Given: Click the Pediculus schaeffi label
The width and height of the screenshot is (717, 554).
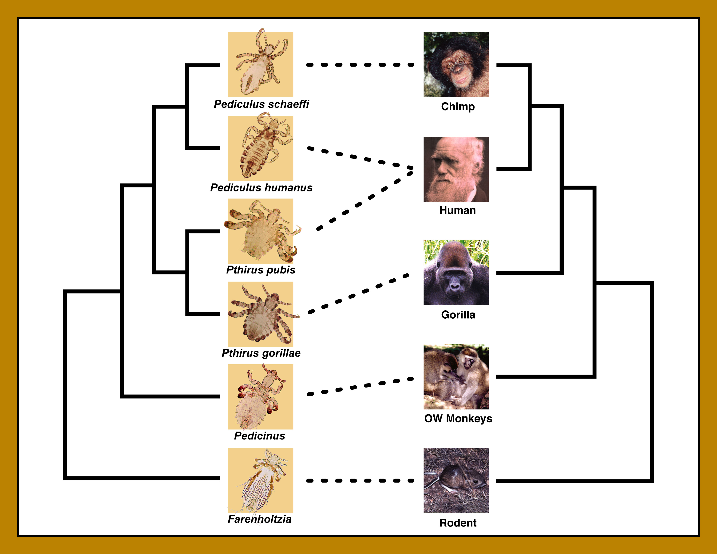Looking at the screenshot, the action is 261,104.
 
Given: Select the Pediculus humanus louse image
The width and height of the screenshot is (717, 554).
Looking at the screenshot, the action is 261,148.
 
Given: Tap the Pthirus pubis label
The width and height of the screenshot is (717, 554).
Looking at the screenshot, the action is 261,270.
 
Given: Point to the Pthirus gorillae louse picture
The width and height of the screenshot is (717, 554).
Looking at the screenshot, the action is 261,314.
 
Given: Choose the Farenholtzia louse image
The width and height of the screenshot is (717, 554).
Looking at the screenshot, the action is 261,480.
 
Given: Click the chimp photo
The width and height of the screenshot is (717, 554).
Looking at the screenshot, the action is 456,64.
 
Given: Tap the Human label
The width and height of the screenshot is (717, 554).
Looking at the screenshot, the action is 458,210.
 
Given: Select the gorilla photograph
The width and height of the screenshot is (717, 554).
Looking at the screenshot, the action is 456,272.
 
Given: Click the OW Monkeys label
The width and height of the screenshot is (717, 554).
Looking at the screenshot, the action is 458,419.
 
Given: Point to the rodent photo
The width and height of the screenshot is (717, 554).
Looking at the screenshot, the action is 456,480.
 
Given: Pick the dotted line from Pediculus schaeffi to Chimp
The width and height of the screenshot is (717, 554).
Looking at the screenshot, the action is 360,65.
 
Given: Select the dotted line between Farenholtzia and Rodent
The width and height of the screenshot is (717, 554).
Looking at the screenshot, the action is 360,481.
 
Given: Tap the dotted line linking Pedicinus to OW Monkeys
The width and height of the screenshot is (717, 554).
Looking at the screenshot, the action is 360,387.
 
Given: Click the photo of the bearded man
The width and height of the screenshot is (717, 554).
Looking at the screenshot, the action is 456,169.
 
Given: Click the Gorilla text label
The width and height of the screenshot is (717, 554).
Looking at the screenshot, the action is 458,315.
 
